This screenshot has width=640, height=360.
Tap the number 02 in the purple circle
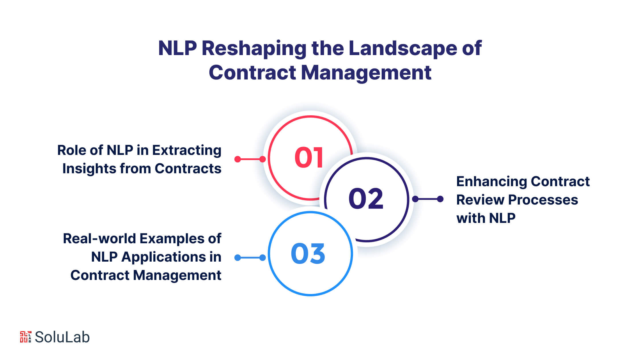pos(366,199)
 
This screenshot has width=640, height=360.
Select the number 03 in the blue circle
pos(308,253)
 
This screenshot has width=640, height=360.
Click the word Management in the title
pos(366,73)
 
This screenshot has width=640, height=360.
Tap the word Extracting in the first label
pos(187,151)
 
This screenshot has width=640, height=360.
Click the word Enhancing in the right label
pos(491,182)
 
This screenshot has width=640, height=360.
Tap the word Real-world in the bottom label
pos(99,239)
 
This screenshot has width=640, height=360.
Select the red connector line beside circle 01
pos(250,159)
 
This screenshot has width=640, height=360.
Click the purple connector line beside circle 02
pos(428,199)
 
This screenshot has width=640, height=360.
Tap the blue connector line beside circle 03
pos(250,258)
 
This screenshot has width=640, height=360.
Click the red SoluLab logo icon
pos(26,337)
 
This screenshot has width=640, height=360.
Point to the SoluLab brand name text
pos(62,337)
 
